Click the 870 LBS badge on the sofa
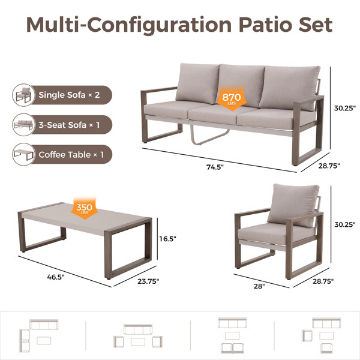point(232,99)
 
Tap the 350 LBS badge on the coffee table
point(84,209)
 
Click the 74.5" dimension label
point(215,167)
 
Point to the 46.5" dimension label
point(56,277)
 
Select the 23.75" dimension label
point(148,281)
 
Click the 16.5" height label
point(168,239)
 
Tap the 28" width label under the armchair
point(259,286)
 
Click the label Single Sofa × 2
point(69,95)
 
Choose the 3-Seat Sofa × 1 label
point(69,125)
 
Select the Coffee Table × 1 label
point(71,155)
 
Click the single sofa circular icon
point(23,95)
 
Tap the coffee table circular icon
point(23,154)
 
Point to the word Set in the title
point(316,25)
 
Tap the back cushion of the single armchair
point(293,205)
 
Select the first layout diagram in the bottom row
point(38,335)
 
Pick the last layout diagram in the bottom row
point(321,335)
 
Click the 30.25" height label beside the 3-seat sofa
point(344,109)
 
